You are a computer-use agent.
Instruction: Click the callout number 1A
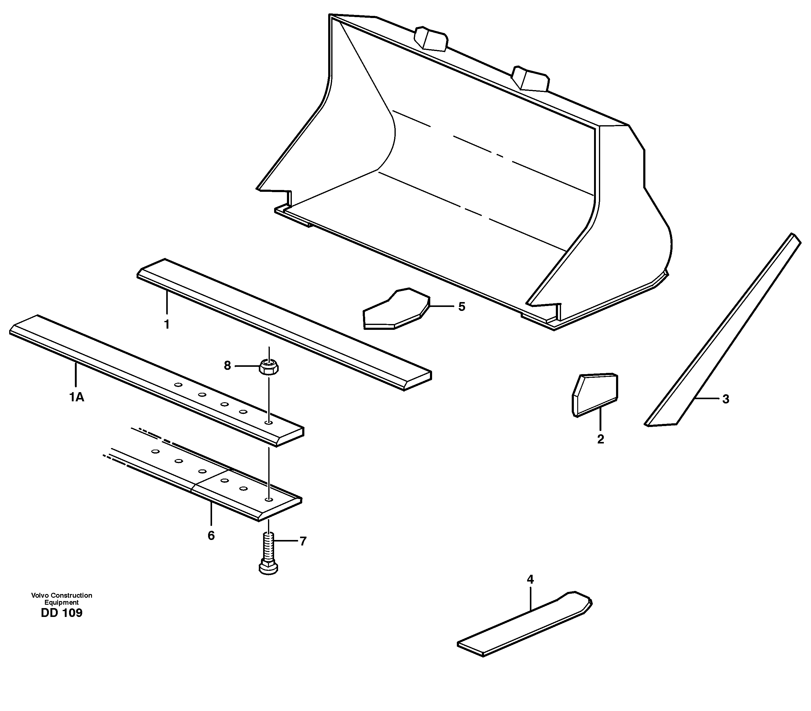(x=77, y=397)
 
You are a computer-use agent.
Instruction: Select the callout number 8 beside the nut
(x=227, y=366)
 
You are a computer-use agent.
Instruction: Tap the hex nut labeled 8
(x=269, y=367)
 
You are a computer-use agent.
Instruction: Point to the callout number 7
(x=303, y=541)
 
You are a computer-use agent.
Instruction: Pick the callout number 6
(x=211, y=536)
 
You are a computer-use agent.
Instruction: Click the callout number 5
(x=461, y=307)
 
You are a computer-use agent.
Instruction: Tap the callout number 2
(x=600, y=439)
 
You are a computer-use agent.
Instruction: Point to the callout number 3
(x=725, y=399)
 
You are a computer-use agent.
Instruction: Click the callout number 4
(x=530, y=579)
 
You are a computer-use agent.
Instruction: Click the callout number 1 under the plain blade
(x=167, y=324)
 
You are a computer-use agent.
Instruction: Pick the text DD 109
(x=61, y=613)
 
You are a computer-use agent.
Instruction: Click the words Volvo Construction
(x=61, y=595)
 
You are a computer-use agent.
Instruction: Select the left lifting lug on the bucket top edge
(x=431, y=39)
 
